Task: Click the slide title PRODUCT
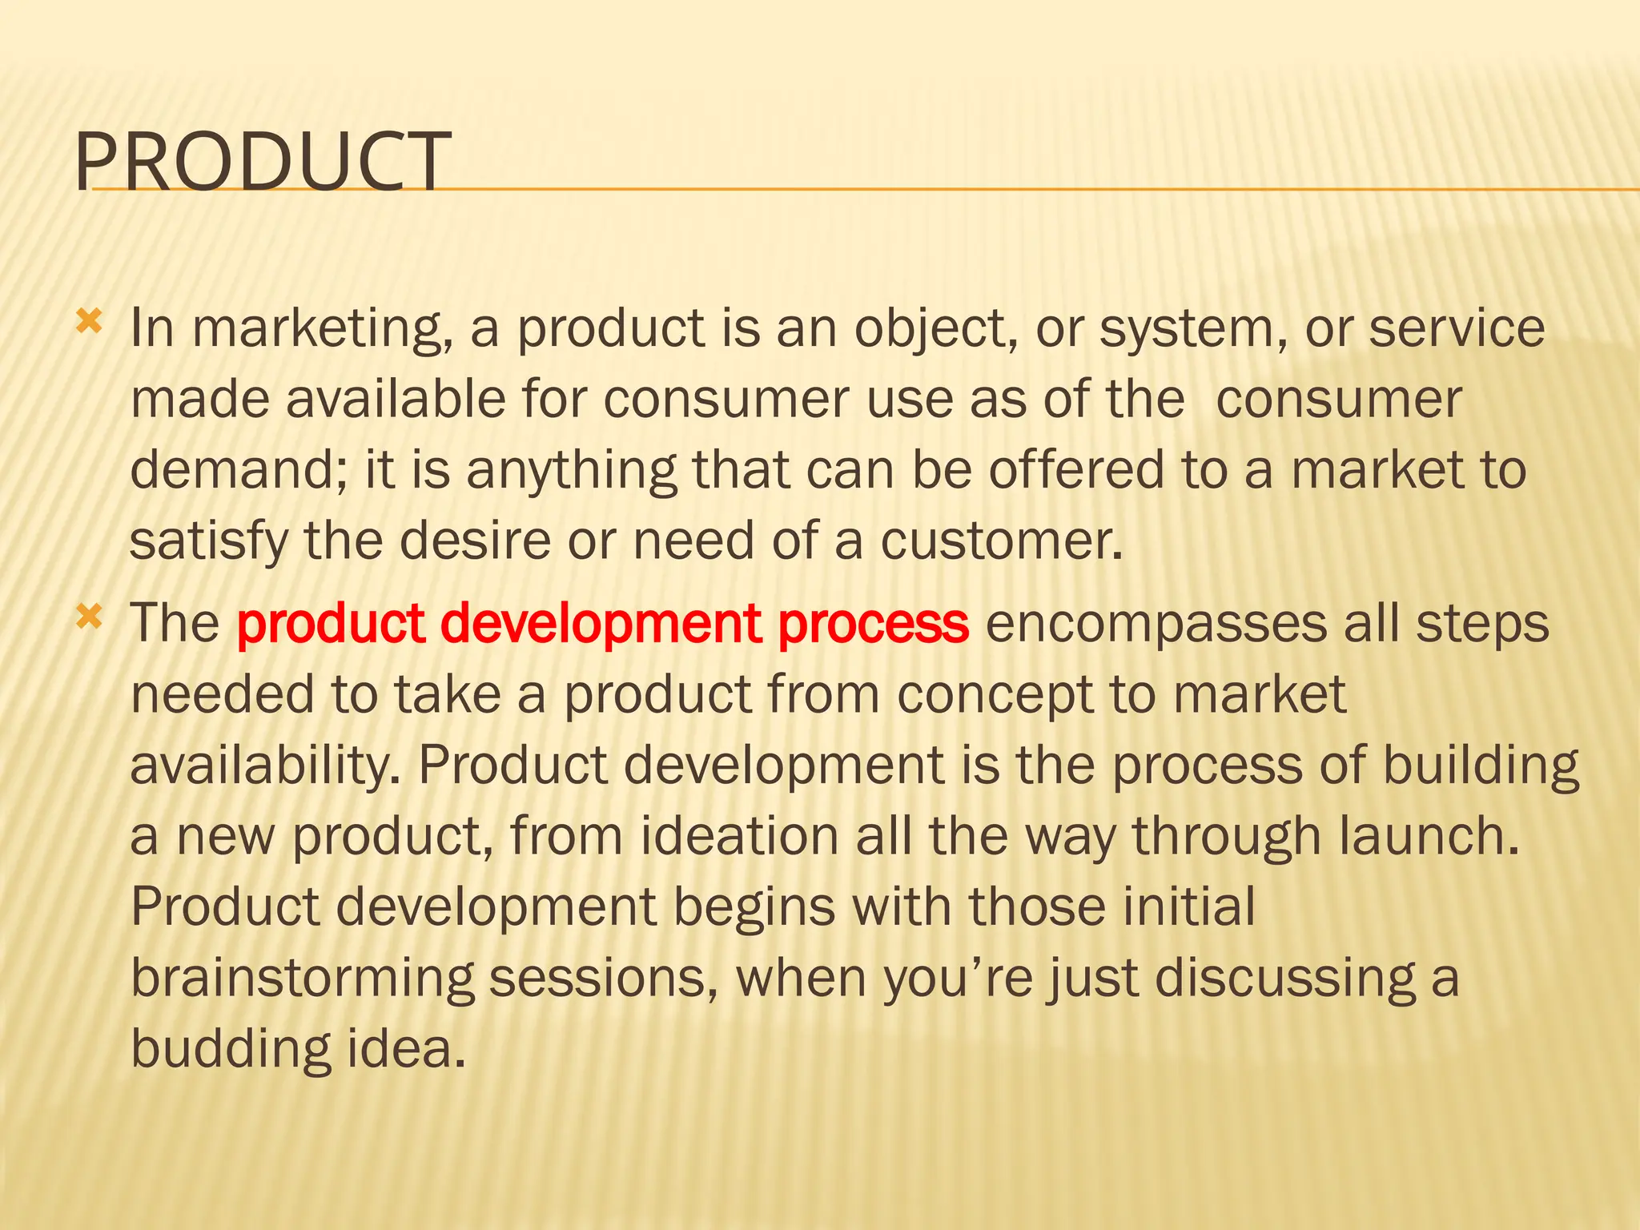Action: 263,163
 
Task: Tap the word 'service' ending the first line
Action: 1457,329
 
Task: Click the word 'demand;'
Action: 239,470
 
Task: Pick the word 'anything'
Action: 571,470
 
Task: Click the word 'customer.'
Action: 1002,541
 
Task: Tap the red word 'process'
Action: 873,624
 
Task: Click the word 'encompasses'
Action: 1156,624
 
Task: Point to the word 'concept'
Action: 994,694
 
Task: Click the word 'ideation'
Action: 739,836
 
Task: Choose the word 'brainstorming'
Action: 303,978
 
